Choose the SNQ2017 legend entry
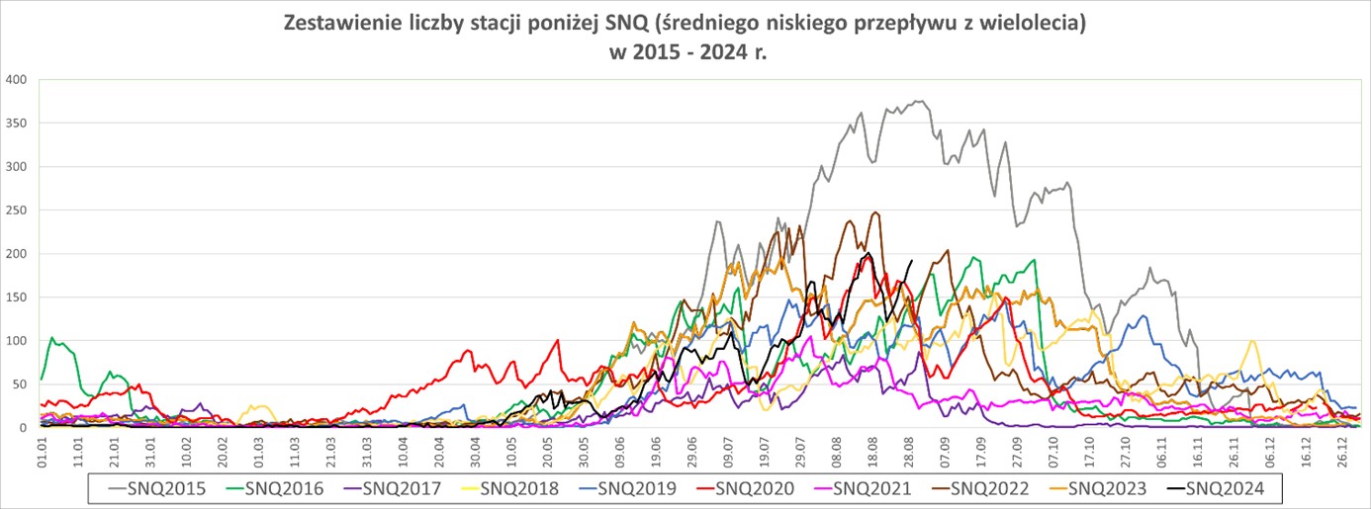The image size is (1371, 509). tap(403, 487)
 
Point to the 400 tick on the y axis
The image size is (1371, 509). tap(17, 79)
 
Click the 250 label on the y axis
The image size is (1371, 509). tap(17, 210)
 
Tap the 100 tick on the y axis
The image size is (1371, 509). tap(17, 341)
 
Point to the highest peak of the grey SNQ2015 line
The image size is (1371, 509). tap(919, 101)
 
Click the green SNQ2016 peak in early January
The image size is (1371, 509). tap(52, 338)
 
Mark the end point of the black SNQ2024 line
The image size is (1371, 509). tap(911, 261)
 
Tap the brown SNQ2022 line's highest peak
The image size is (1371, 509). tap(874, 212)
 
